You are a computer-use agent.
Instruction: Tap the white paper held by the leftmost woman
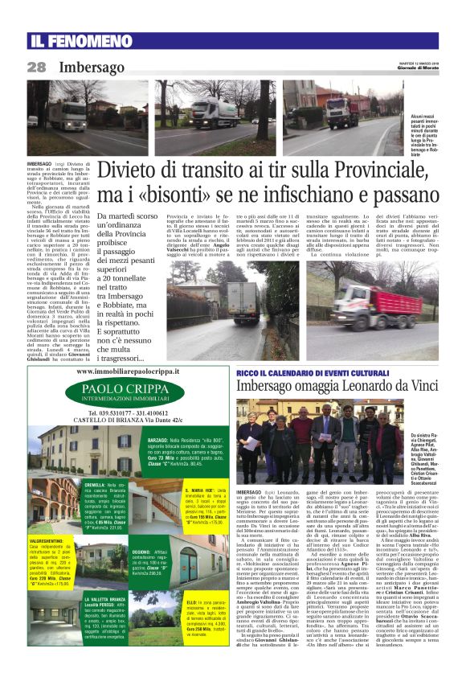[x=250, y=442]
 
